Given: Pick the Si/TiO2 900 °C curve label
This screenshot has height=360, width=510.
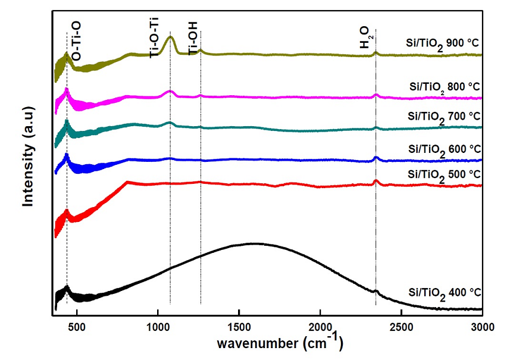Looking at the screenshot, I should tap(442, 45).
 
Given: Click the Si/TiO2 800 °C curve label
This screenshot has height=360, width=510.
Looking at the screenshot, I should tap(445, 87).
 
